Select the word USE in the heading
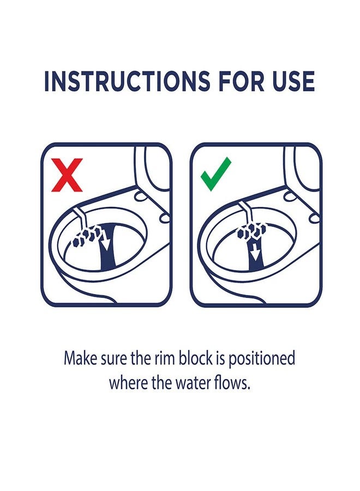pos(293,81)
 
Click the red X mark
pos(67,175)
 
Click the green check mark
pos(216,174)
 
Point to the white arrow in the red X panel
pos(105,242)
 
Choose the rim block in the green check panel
pos(253,230)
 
